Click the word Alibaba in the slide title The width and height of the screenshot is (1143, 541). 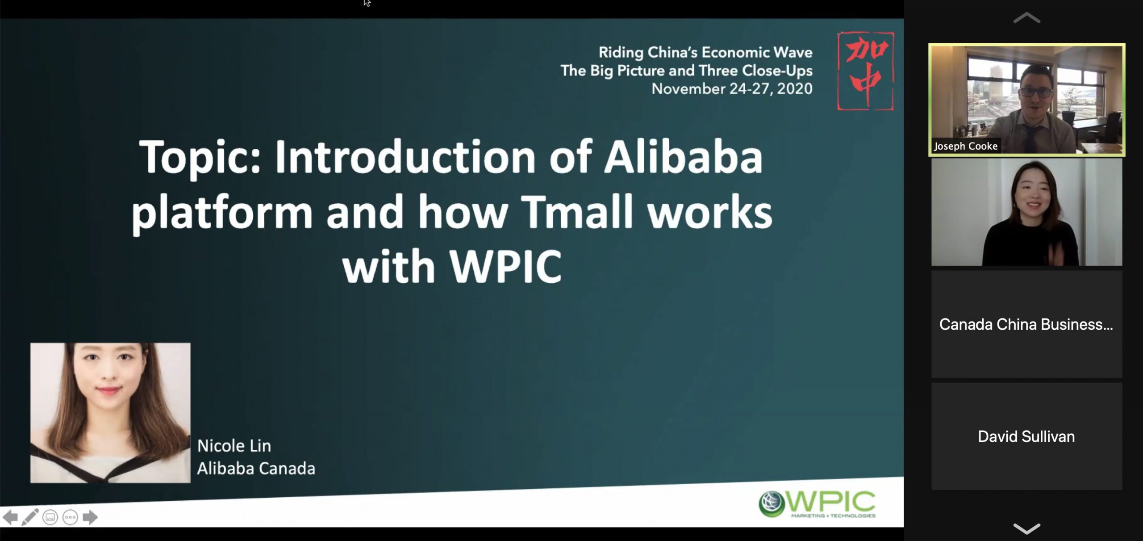(x=683, y=157)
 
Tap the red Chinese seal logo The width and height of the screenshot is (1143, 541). (x=865, y=71)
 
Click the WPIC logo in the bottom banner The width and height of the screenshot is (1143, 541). (x=817, y=504)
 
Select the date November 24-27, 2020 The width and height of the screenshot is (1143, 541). (x=732, y=88)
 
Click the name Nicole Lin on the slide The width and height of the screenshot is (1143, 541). (x=234, y=445)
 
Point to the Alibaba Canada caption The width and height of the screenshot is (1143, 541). (x=256, y=468)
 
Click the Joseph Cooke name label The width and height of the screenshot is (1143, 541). (x=966, y=146)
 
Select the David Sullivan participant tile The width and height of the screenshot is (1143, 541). (x=1026, y=436)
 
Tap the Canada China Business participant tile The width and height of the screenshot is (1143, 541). (x=1026, y=324)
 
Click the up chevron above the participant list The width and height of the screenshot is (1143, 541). (x=1026, y=18)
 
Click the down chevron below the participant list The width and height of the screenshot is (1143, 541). (x=1026, y=528)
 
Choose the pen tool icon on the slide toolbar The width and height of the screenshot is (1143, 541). (x=30, y=517)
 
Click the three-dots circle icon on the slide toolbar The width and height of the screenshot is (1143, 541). (x=70, y=517)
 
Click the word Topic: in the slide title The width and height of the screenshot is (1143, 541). (x=200, y=159)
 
